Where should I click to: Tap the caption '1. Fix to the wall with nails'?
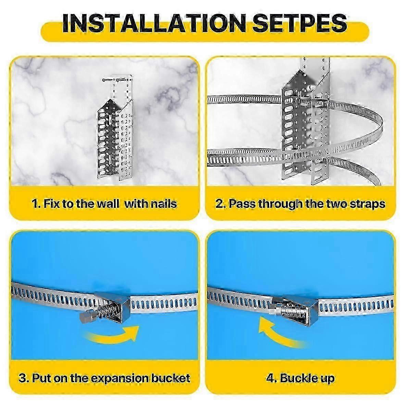104,204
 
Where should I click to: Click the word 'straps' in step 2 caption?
368,204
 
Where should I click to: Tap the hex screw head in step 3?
85,317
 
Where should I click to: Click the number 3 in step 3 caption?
22,378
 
